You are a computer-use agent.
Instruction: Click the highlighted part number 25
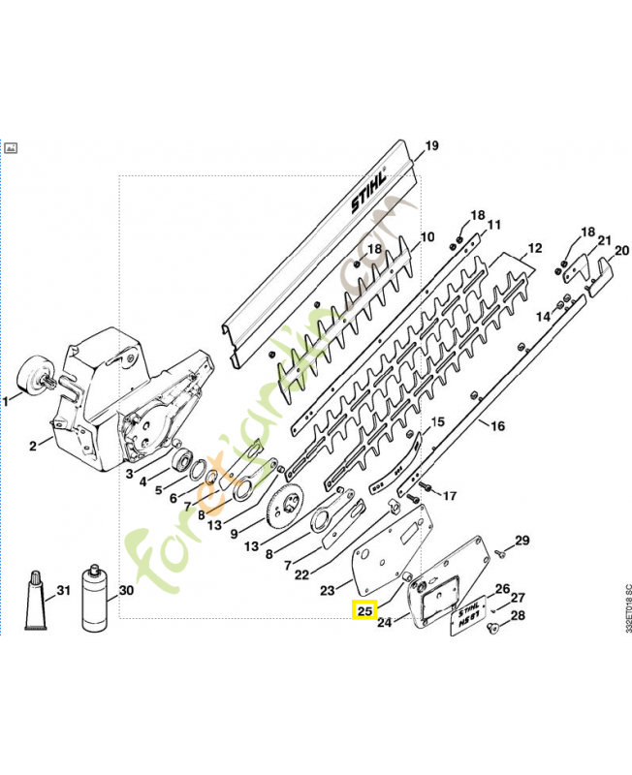pos(363,612)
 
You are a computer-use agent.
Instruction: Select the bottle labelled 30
pos(96,598)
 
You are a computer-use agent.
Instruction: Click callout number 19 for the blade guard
pos(431,146)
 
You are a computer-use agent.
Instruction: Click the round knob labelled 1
pos(32,377)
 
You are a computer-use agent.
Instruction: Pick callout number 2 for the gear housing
pos(33,445)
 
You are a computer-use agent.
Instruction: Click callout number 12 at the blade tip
pos(531,249)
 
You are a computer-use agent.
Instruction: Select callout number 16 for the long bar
pos(497,425)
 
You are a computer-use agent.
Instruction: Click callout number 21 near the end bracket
pos(603,240)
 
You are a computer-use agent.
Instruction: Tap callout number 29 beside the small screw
pos(522,541)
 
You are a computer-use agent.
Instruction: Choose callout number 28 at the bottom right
pos(518,616)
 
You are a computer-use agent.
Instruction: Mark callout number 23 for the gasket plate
pos(327,589)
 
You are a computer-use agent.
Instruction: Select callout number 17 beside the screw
pos(449,496)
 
